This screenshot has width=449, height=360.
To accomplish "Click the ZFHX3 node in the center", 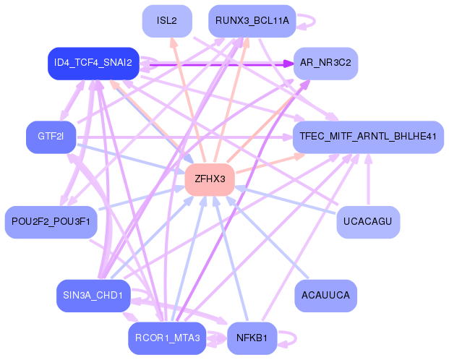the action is [x=210, y=179].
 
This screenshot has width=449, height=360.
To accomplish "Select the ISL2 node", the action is [x=167, y=21].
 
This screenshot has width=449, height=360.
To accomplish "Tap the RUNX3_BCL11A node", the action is [x=252, y=21].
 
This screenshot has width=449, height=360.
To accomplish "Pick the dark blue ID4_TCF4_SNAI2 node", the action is [x=93, y=64].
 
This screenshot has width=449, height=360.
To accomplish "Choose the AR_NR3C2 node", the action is [x=325, y=64].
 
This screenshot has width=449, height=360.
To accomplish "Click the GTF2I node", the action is [x=51, y=137].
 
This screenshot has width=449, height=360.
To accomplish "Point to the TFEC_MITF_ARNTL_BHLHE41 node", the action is [x=368, y=137].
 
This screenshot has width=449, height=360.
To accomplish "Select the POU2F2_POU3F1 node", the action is [x=51, y=222].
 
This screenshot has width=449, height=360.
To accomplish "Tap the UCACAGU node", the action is [x=368, y=222].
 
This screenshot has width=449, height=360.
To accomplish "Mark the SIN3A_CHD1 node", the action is [x=93, y=296].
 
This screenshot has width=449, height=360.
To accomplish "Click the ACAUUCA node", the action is [x=325, y=296].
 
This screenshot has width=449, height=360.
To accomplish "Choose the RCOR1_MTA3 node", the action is [x=167, y=338].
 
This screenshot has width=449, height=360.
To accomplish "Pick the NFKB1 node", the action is [x=252, y=338].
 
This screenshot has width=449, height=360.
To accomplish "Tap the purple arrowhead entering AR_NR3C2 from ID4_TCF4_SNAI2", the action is [x=288, y=64].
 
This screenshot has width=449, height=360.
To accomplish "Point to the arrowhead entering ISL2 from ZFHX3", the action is [x=173, y=41].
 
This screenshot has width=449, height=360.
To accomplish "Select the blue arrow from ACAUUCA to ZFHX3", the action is [x=267, y=237].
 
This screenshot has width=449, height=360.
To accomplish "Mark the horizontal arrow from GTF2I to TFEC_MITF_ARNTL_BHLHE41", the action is [x=184, y=137].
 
